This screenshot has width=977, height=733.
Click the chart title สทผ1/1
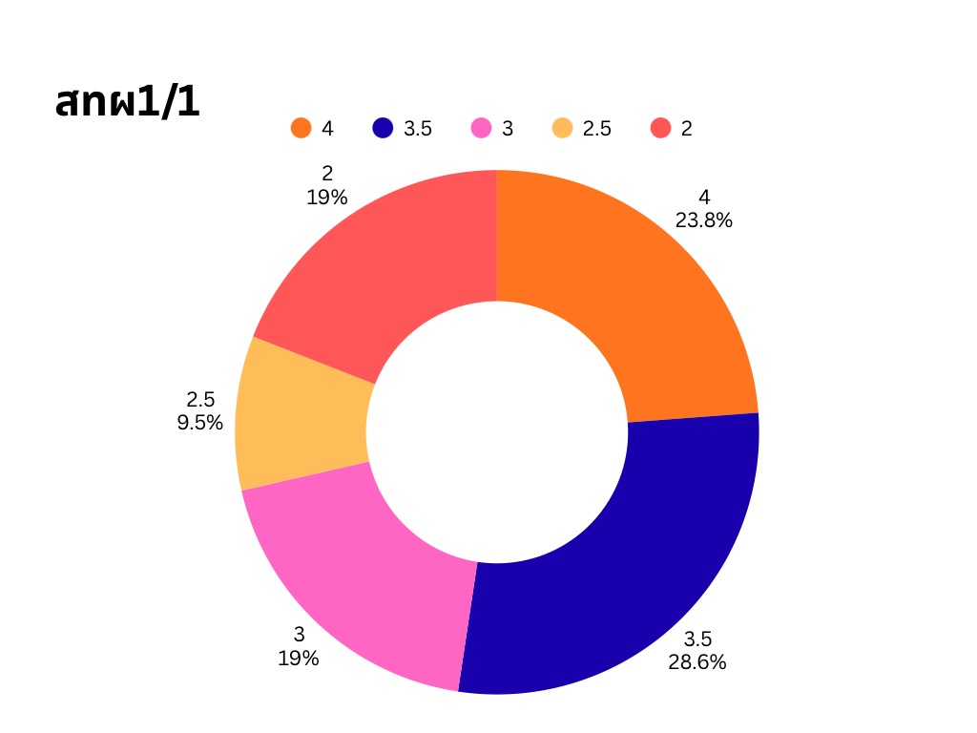tap(128, 102)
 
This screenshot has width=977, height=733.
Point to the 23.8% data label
tap(704, 220)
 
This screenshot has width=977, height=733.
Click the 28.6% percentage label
tap(697, 661)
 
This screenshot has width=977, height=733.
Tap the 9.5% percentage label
tap(200, 423)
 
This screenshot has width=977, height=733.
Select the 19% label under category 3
tap(299, 658)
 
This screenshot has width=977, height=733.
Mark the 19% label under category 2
tap(327, 198)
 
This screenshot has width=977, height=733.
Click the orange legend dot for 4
tap(301, 128)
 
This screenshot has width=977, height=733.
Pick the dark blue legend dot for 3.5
tap(383, 128)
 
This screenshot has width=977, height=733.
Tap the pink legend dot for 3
tap(482, 128)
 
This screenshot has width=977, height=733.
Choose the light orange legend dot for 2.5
tap(563, 128)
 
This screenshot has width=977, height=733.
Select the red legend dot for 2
tap(661, 128)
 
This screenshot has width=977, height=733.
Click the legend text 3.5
tap(418, 129)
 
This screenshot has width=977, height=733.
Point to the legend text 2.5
tap(597, 129)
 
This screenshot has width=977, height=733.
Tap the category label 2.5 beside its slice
tap(200, 400)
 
